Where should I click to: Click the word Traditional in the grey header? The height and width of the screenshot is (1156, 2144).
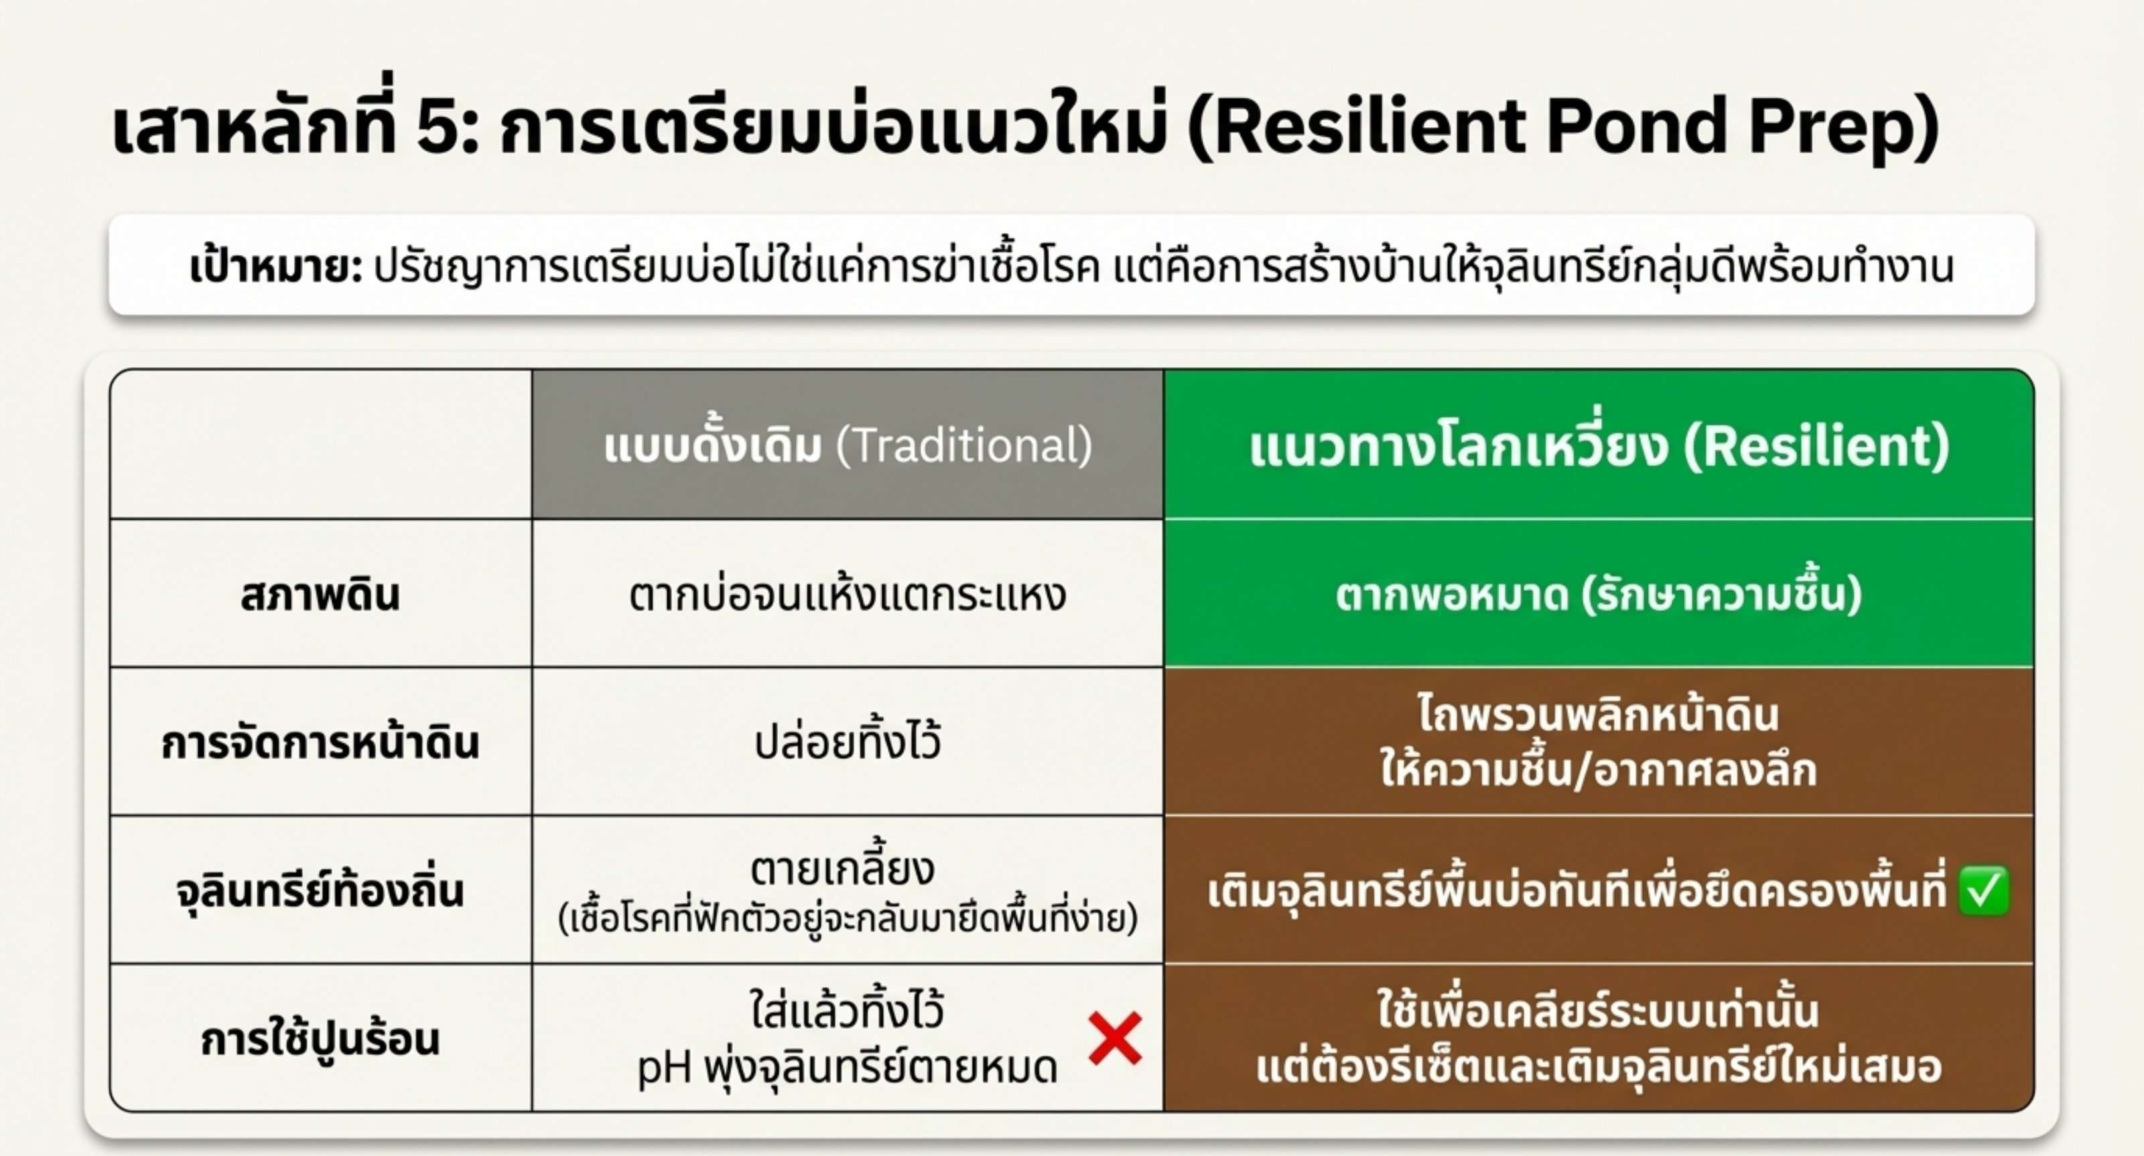click(965, 445)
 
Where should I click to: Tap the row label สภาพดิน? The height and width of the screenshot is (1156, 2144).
click(320, 594)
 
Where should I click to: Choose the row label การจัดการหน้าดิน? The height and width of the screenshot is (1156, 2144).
click(320, 742)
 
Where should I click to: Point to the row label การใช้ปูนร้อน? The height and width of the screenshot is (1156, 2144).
click(320, 1039)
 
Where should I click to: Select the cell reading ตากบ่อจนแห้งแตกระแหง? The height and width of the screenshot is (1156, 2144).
click(848, 594)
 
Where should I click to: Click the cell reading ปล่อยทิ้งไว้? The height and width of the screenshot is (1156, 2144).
click(848, 741)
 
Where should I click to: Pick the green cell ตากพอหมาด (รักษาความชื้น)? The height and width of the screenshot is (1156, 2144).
click(1598, 594)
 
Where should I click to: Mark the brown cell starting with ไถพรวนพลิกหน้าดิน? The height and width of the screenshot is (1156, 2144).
click(1598, 742)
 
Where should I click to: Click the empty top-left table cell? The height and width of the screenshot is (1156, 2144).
click(320, 445)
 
